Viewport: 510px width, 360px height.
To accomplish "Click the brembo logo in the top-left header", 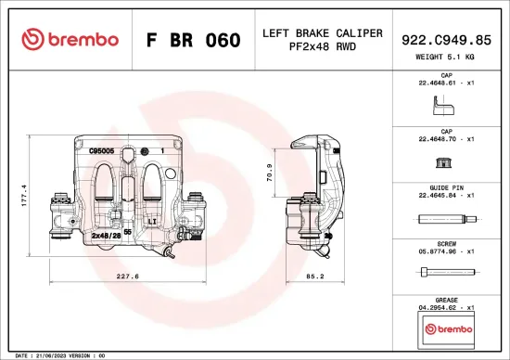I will coord(70,40).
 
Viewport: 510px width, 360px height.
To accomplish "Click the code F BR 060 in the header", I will coord(193,41).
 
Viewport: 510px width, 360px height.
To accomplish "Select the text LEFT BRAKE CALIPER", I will coord(322,33).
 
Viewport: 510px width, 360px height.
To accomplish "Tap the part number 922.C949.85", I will coord(447,40).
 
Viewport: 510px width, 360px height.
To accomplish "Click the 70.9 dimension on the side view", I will coord(270,172).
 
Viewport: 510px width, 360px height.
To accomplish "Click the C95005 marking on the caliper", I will coord(101,148).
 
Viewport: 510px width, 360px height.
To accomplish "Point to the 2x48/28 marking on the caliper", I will coord(106,236).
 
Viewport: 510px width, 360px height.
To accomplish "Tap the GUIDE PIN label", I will coord(447,187).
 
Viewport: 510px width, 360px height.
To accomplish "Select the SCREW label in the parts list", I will coord(447,243).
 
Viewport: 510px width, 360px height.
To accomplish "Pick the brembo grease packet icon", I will coord(447,328).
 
